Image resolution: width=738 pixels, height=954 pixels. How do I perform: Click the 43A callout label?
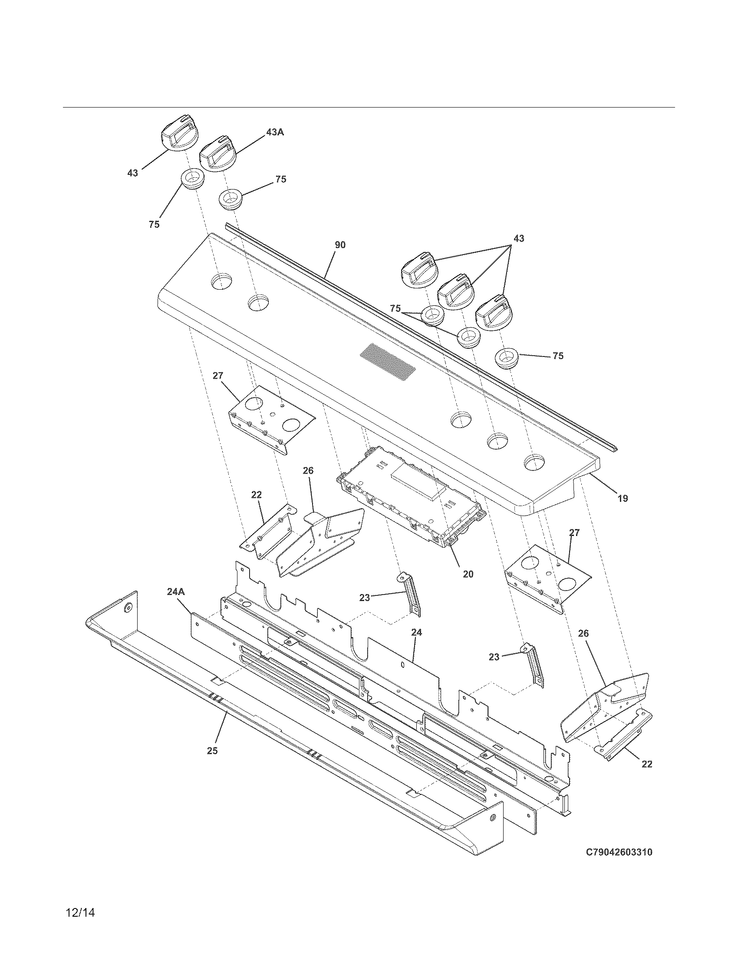[x=274, y=132]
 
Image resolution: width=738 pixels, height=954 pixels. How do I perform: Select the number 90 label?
[x=340, y=245]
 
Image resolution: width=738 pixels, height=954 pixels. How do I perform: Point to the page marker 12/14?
[x=80, y=912]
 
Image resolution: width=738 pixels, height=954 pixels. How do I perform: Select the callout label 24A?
[x=176, y=591]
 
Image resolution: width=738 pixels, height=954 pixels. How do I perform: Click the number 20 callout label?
[x=468, y=574]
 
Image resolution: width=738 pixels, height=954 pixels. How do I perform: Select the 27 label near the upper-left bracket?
[x=218, y=376]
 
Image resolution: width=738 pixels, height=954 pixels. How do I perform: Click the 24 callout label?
[x=416, y=632]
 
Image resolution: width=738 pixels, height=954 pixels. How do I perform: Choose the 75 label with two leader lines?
[x=395, y=309]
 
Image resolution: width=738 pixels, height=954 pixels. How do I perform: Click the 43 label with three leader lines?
[x=518, y=238]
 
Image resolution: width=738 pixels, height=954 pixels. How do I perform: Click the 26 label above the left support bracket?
[x=308, y=470]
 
